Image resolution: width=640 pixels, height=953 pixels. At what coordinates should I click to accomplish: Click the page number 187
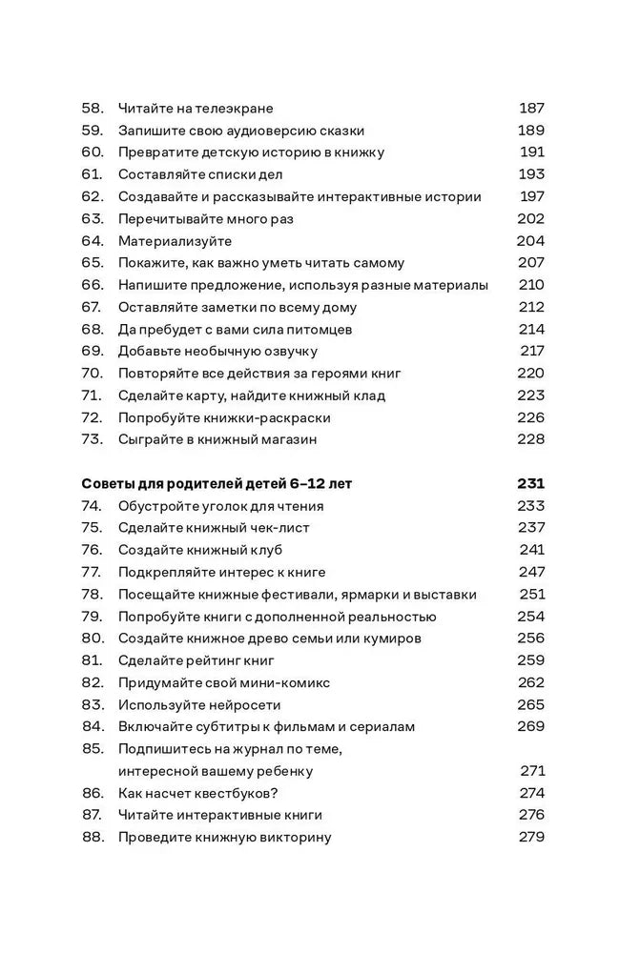click(530, 109)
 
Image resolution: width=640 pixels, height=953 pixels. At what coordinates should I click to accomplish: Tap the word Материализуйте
click(175, 241)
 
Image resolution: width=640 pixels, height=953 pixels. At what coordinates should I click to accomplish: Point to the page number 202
click(529, 219)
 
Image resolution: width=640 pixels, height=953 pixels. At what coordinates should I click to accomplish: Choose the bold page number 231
click(530, 484)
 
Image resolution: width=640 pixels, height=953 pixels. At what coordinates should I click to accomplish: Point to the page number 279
click(530, 838)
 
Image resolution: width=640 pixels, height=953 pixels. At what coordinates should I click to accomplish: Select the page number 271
click(531, 771)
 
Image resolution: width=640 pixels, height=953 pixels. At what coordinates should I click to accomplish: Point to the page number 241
click(531, 550)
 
